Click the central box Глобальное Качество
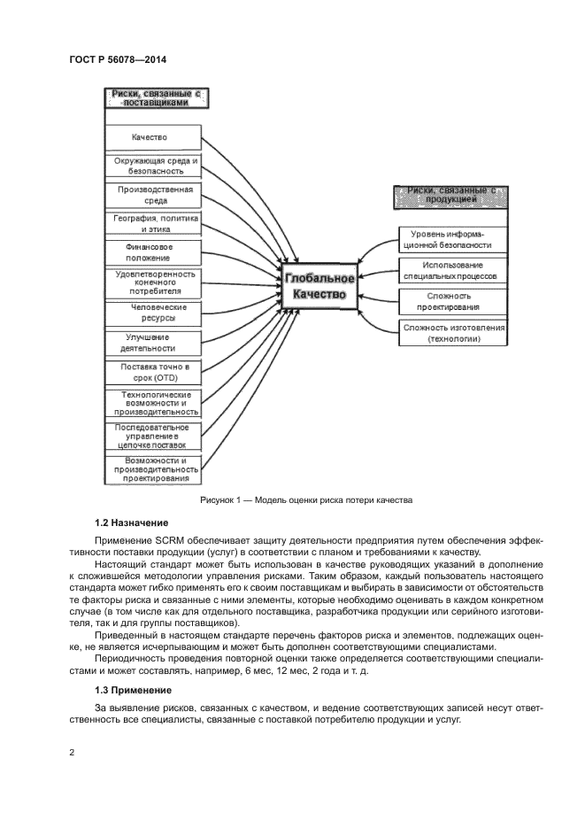[320, 288]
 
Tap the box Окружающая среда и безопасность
[155, 166]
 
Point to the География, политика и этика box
[155, 222]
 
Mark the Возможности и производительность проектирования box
[155, 469]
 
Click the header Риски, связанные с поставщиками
[156, 97]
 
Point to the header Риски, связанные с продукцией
[450, 196]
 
